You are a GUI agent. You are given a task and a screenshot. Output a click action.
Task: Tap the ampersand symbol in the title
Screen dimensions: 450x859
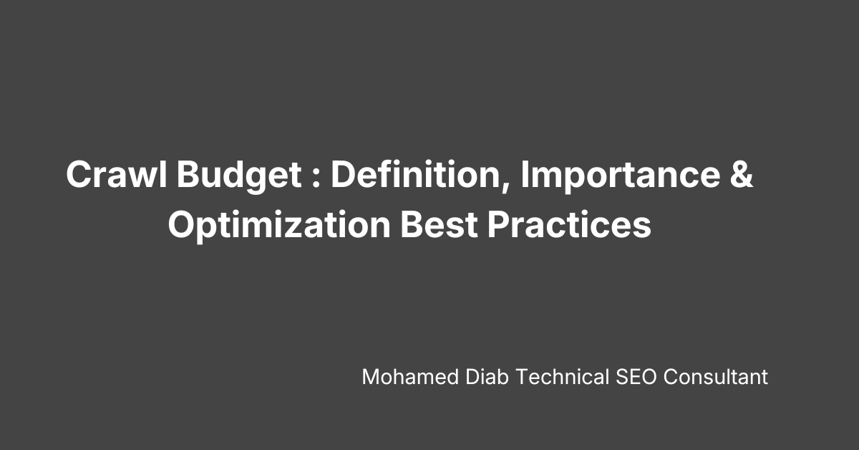[742, 176]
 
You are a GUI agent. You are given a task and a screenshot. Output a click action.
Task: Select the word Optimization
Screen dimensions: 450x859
[279, 226]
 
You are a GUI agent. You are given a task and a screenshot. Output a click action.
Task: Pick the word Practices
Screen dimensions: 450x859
[570, 226]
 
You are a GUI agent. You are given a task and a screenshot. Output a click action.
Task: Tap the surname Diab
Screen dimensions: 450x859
[470, 377]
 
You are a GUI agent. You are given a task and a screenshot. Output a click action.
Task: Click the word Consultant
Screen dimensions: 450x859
[715, 377]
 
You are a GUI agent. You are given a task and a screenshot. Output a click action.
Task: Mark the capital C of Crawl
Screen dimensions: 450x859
[79, 176]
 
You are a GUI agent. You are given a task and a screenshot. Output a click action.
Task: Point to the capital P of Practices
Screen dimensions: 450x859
[498, 226]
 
